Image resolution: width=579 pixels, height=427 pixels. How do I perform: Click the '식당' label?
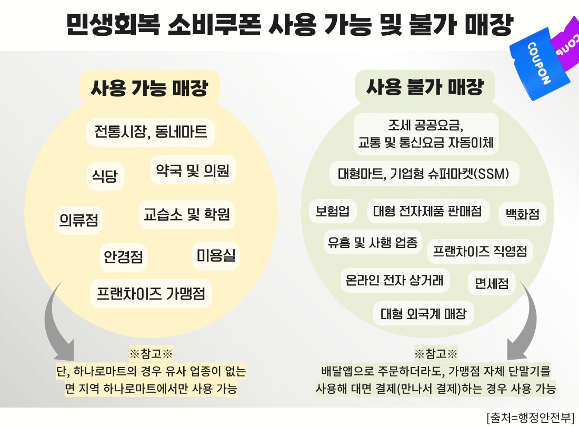105,176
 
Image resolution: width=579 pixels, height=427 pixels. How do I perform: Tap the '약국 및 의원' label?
193,170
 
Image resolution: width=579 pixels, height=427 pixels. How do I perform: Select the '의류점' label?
78,220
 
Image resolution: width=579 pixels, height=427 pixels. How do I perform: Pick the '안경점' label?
123,257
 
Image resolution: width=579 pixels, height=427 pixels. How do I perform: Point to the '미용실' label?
216,255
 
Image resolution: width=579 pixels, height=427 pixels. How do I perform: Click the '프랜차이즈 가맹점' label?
151,294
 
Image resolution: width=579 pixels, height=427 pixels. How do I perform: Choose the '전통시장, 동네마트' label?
151,132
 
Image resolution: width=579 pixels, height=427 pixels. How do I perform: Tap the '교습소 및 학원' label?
187,214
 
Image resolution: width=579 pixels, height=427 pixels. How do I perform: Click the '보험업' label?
332,211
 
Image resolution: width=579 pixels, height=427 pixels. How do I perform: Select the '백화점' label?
523,214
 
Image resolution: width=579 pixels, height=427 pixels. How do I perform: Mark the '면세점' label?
492,283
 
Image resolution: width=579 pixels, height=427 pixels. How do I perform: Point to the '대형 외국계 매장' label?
424,314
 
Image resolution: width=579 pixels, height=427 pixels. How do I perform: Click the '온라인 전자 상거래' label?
394,280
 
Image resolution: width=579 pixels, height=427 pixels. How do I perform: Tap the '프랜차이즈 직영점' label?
480,251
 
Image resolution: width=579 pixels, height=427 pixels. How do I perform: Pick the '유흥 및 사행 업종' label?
373,242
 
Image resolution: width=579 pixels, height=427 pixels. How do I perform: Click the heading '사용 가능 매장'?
149,88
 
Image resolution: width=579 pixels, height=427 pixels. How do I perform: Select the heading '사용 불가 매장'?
425,87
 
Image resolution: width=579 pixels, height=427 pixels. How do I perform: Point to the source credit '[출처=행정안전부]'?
531,418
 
